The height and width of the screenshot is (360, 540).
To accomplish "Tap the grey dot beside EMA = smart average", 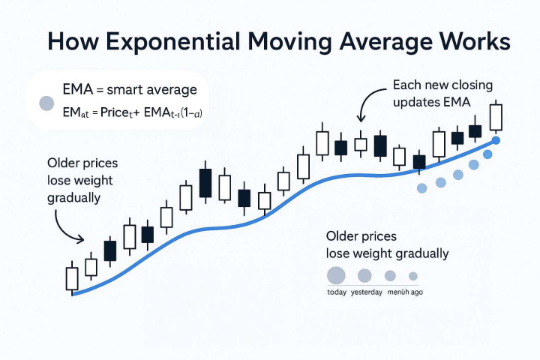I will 45,103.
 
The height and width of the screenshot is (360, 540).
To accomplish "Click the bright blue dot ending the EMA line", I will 496,140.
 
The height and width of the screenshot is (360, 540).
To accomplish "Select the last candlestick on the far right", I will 496,116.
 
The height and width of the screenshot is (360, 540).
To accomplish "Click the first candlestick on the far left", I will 73,277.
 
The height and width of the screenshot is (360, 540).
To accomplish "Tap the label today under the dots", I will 336,292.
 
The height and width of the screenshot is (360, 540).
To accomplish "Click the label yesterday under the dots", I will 367,292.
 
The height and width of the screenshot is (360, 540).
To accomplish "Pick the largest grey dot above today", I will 336,275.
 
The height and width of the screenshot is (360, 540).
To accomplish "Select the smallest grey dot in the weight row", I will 412,275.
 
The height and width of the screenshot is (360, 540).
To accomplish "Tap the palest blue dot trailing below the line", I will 421,187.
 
